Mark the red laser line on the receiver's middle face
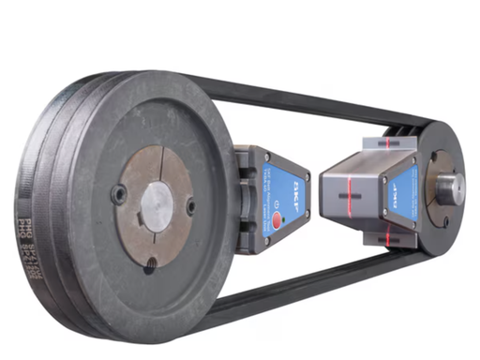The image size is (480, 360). click(357, 200)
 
